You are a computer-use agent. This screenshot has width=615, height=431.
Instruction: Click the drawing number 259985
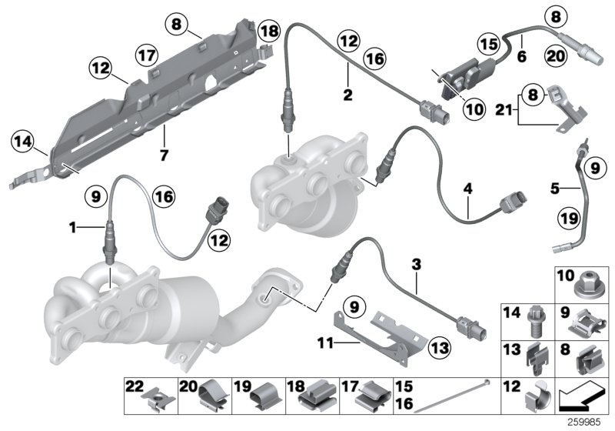(x=592, y=423)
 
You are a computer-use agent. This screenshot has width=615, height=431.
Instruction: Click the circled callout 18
(x=269, y=32)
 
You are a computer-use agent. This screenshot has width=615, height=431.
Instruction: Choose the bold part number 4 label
(x=467, y=186)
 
